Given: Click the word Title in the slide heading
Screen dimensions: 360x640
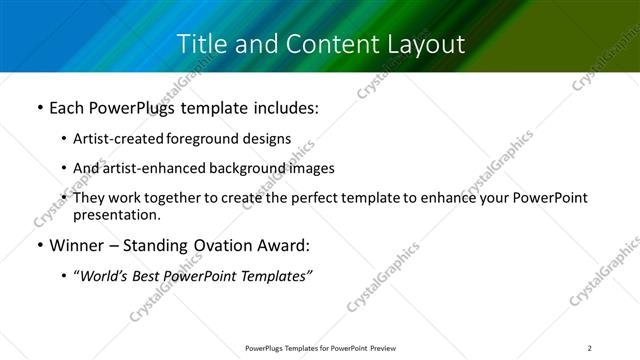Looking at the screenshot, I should (200, 44).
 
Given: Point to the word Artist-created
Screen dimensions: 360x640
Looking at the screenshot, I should (120, 139).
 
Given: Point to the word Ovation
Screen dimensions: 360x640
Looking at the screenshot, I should (223, 246).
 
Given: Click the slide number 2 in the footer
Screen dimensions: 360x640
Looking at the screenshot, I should (590, 347).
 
